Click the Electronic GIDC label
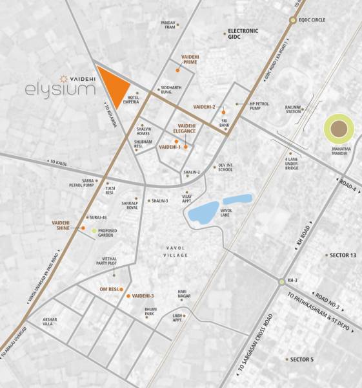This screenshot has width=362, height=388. (x=242, y=34)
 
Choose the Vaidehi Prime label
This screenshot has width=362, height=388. (x=193, y=60)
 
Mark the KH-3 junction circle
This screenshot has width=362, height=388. (x=281, y=281)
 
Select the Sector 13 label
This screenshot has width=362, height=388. (x=343, y=255)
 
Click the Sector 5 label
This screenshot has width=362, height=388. (x=301, y=359)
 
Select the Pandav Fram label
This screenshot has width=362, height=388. (x=168, y=25)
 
